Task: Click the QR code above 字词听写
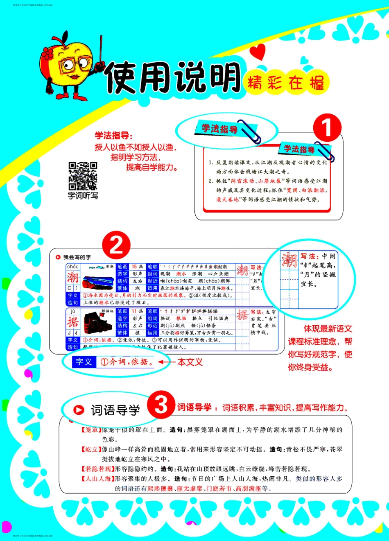83,176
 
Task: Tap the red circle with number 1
327,128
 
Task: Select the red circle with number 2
117,245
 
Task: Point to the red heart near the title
258,52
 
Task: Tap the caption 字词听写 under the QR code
83,196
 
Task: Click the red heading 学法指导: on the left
114,136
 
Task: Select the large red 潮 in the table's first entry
73,277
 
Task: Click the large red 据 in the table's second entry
73,322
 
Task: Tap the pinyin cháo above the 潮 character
73,267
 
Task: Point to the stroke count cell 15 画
137,267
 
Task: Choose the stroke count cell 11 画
137,311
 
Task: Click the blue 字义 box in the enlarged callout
84,362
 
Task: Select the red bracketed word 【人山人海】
97,479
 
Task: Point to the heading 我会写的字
77,257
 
